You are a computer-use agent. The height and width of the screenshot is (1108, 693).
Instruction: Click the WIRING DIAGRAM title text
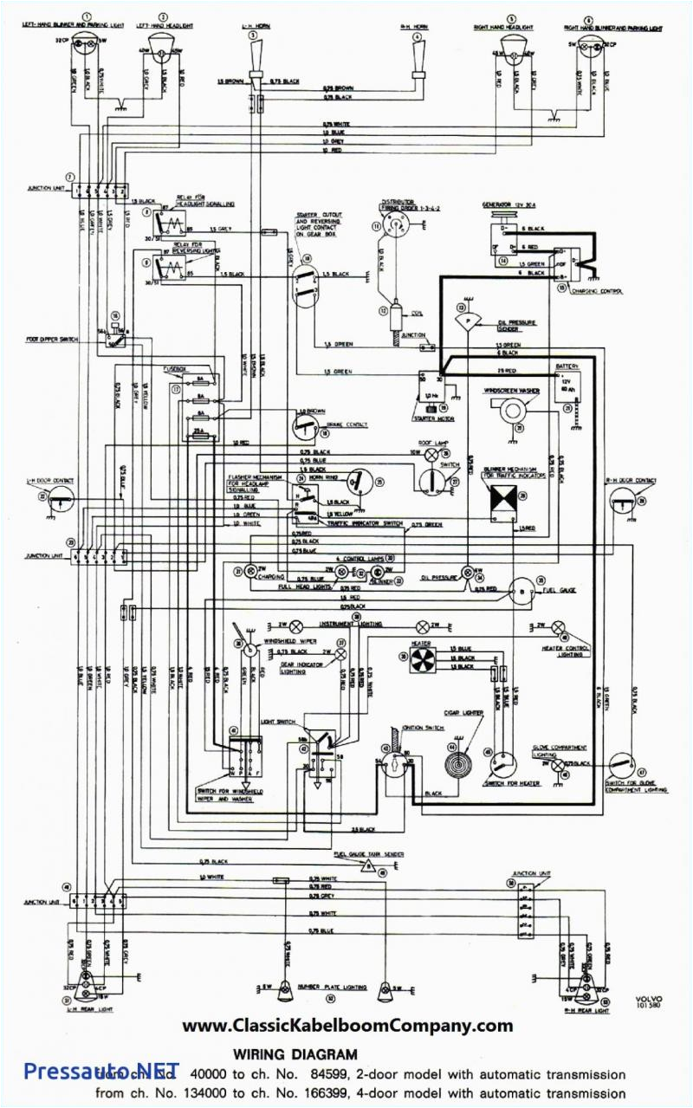(295, 1054)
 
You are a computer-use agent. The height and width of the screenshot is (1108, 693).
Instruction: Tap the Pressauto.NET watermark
(101, 1071)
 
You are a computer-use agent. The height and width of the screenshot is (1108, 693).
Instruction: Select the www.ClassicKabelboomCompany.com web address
(346, 1026)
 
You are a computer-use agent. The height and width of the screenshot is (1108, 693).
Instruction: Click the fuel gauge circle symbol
(522, 589)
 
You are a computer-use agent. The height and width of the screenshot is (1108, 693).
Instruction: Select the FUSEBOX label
(177, 368)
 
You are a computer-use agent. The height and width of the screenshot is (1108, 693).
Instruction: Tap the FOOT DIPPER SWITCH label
(53, 339)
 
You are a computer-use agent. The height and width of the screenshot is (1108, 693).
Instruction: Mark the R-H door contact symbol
(621, 500)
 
